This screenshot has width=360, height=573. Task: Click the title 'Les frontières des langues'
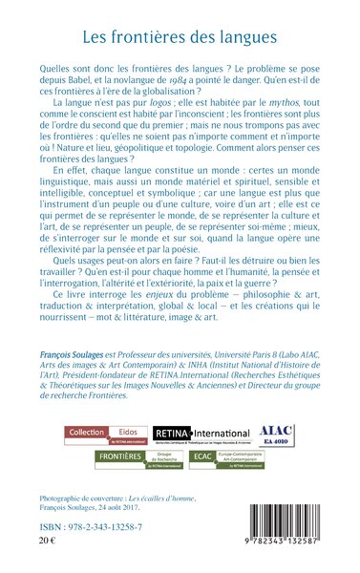(x=180, y=39)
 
